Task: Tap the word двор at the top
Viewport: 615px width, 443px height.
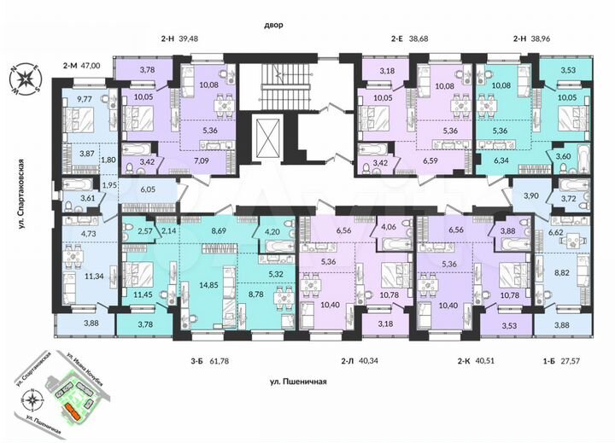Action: (272, 25)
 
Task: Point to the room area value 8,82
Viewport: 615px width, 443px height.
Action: (558, 277)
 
